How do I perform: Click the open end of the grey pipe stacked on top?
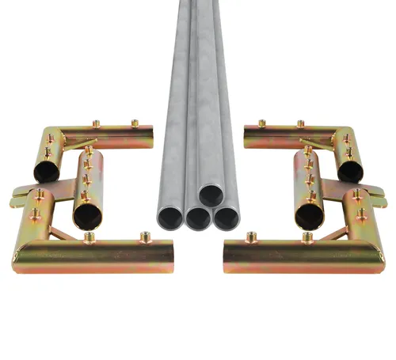(x=211, y=194)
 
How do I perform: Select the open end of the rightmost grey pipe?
(x=227, y=218)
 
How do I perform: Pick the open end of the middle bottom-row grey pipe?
(x=197, y=218)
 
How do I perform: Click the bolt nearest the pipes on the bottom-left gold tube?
(x=146, y=235)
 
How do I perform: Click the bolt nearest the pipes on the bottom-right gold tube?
(x=251, y=236)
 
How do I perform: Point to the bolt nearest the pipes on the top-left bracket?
(x=135, y=123)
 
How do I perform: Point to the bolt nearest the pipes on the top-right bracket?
(x=261, y=123)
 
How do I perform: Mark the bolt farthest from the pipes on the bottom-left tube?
(x=89, y=237)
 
